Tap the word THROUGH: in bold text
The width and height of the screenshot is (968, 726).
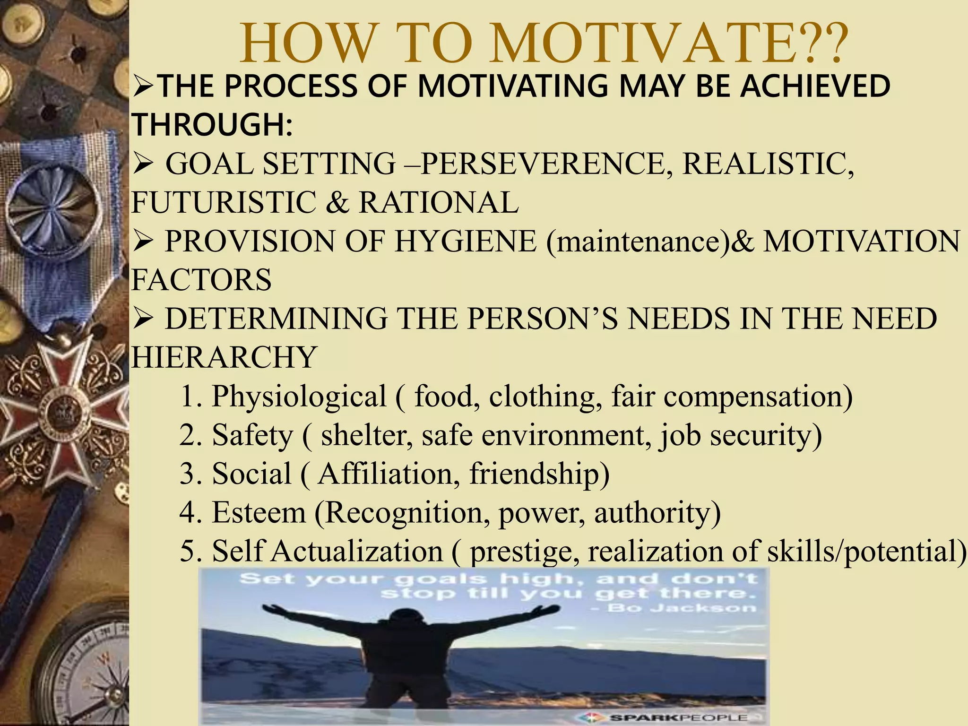pos(212,125)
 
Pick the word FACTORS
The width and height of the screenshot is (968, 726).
pos(201,280)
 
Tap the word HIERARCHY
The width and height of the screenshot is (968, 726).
pos(224,357)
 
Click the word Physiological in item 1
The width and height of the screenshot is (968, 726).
pos(299,396)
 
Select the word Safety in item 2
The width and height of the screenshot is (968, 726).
pos(252,435)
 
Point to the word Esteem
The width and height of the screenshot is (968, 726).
pos(259,512)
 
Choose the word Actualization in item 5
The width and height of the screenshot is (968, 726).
pos(357,551)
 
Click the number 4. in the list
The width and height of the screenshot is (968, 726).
pos(190,512)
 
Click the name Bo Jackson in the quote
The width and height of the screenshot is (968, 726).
pos(682,608)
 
